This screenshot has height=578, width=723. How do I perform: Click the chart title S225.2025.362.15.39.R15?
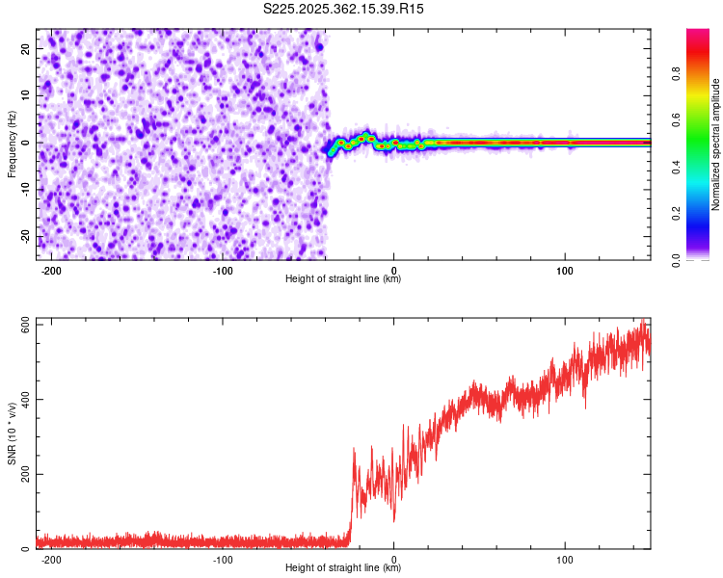(344, 9)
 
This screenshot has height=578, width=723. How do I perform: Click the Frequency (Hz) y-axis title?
(12, 142)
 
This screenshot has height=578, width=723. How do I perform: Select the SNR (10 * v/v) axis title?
(12, 433)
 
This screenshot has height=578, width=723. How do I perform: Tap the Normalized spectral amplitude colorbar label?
(716, 145)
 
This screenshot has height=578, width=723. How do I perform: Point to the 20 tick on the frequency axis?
(26, 48)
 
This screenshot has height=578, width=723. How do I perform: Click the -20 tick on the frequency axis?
(24, 237)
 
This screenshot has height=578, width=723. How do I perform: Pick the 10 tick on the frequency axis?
(26, 95)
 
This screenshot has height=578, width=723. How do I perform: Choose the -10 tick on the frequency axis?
(24, 190)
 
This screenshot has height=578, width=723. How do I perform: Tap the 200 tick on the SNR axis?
(25, 475)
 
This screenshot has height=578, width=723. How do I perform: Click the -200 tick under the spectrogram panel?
(52, 270)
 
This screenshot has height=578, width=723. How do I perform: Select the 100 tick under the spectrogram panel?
(565, 270)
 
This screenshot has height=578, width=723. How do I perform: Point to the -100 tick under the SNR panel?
(223, 559)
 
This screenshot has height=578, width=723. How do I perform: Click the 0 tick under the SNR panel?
(394, 559)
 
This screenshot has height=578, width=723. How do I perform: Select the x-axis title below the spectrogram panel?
(343, 279)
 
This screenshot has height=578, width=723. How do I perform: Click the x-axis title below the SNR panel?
(343, 568)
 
